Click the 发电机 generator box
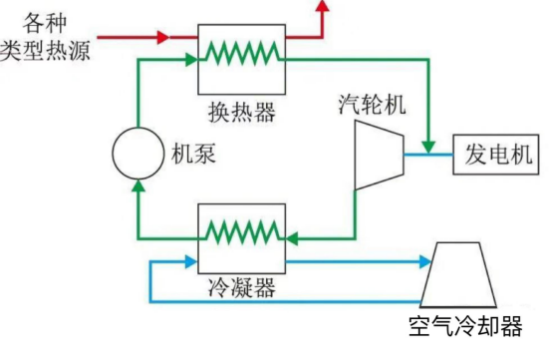click(x=497, y=155)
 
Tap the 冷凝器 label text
click(x=242, y=288)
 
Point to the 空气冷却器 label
click(x=464, y=327)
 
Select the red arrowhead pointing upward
click(x=321, y=8)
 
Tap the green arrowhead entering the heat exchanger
click(x=191, y=61)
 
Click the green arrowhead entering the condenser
click(x=293, y=238)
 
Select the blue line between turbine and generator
click(x=427, y=155)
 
